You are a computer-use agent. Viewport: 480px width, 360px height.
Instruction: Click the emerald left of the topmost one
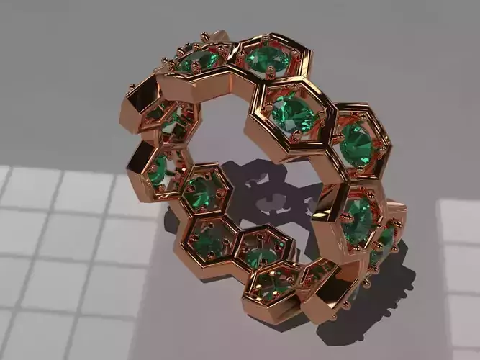(198, 60)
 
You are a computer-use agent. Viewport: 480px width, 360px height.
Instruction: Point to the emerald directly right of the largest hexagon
(354, 143)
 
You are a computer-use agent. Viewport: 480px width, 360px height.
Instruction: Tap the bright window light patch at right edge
(461, 274)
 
